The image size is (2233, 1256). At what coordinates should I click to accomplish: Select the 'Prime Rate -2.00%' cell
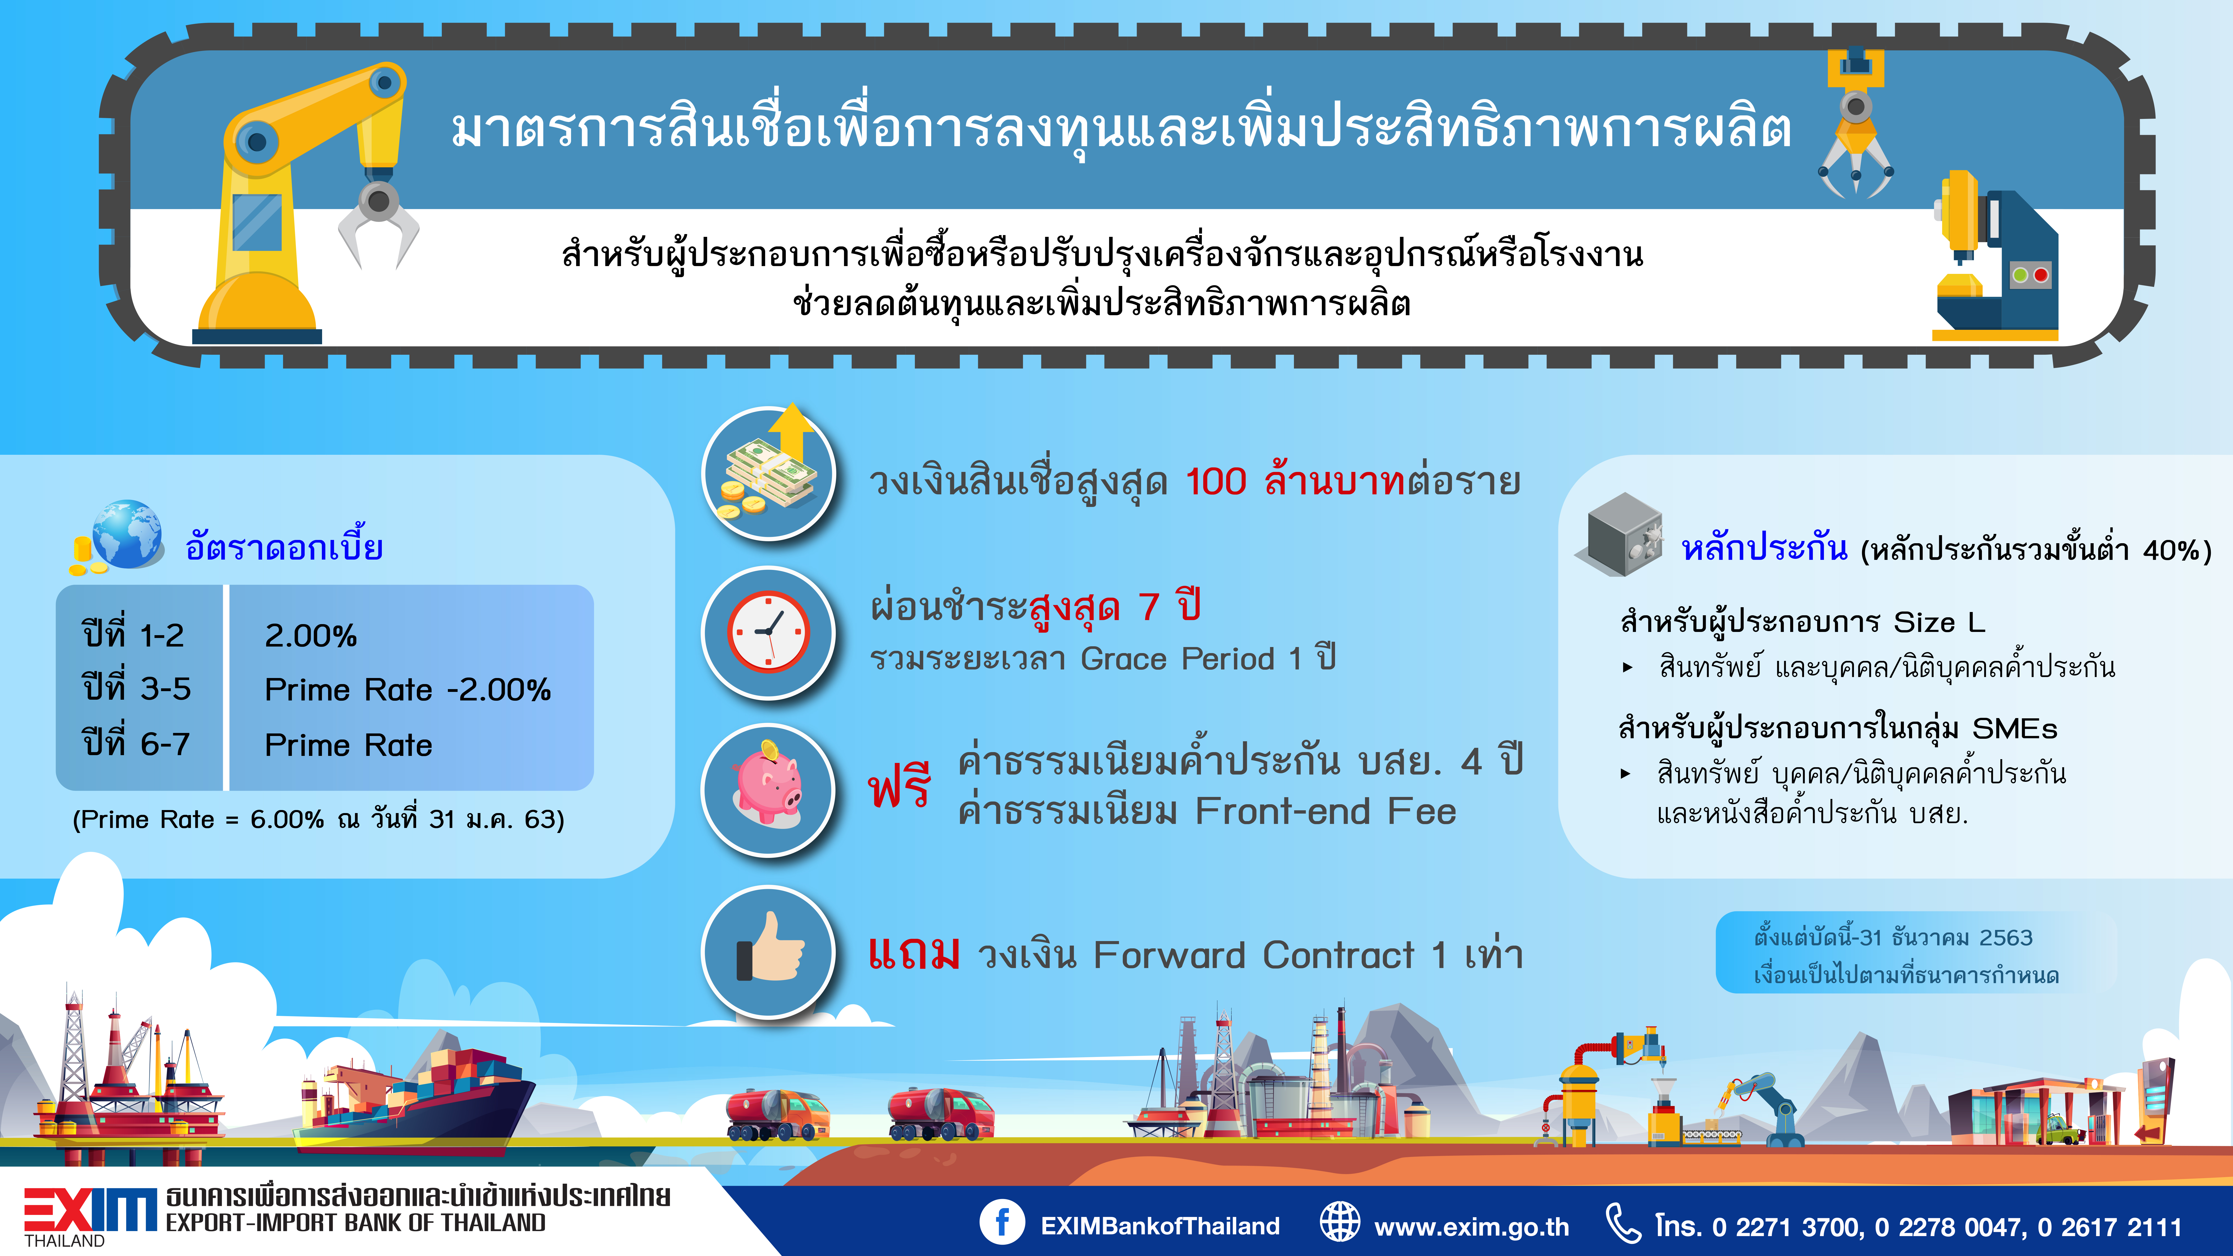click(x=408, y=690)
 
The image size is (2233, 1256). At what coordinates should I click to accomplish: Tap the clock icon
click(x=768, y=633)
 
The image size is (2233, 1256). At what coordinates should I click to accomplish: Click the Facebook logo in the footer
click(x=1002, y=1223)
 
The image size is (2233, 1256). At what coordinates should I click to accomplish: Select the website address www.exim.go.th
click(x=1471, y=1227)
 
